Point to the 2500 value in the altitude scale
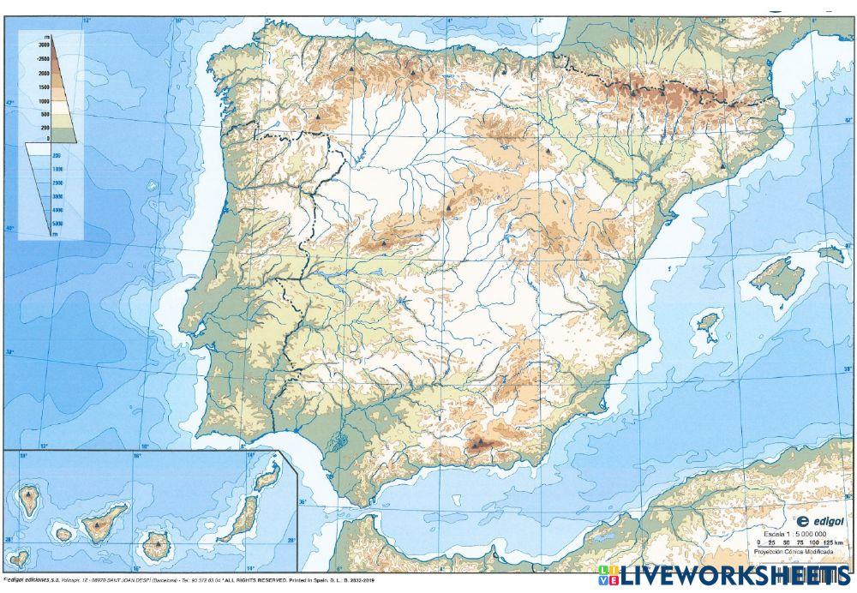[43, 58]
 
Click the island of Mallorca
[777, 277]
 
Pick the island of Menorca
[830, 253]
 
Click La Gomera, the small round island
[63, 534]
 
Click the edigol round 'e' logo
[803, 519]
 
